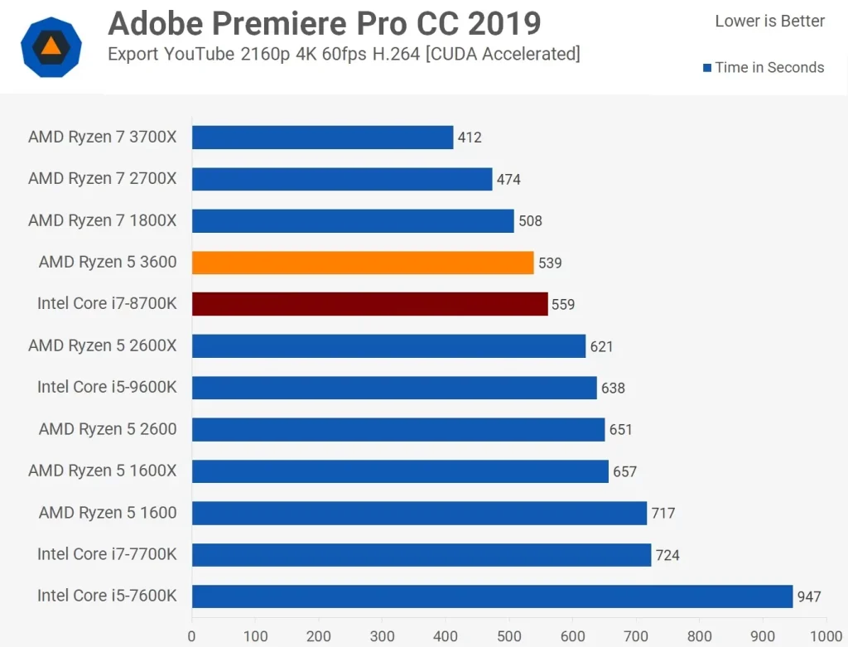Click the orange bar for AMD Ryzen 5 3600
tap(363, 263)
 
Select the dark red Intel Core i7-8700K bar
tap(369, 304)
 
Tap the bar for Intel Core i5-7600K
tap(492, 596)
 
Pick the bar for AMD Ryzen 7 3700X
tap(322, 138)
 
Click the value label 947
tap(809, 596)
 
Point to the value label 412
tap(470, 138)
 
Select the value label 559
tap(563, 304)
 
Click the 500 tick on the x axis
tap(508, 636)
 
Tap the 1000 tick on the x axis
tap(824, 636)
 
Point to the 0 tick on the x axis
tap(192, 636)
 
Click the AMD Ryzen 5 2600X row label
tap(103, 345)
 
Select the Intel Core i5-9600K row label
tap(107, 388)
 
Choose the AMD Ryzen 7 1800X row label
tap(103, 220)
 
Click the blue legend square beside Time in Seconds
tap(707, 68)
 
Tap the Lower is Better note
tap(769, 22)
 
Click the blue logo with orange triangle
tap(51, 46)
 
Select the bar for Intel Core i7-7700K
tap(422, 555)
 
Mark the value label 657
tap(624, 471)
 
